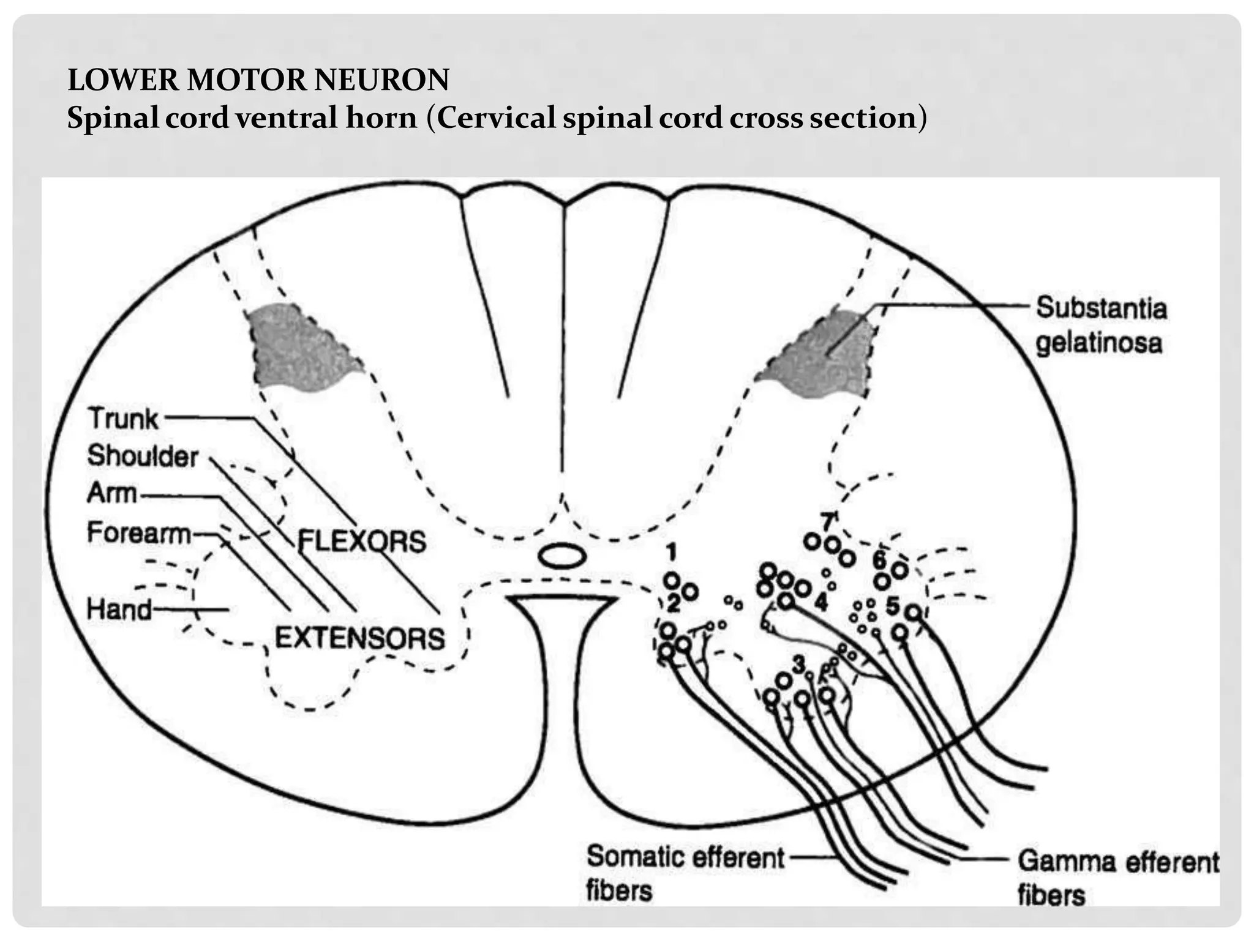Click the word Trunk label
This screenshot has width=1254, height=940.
(x=123, y=419)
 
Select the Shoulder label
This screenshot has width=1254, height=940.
(x=142, y=457)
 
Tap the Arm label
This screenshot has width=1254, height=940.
(x=111, y=493)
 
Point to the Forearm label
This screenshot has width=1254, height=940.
(x=138, y=533)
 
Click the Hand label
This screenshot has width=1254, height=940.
(x=119, y=610)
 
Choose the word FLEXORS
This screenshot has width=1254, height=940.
(x=361, y=542)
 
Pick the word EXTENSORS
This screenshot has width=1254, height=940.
(x=359, y=639)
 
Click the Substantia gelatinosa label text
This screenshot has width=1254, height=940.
(x=1100, y=325)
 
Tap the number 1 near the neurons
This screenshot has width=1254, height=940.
(x=671, y=553)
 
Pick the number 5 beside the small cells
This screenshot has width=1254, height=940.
(x=892, y=606)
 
